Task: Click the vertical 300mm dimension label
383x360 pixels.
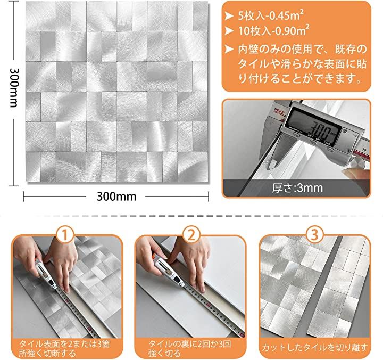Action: (14, 87)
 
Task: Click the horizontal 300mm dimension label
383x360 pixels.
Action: (116, 197)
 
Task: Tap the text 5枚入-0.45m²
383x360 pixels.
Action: (271, 15)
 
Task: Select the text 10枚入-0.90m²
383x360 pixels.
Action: (273, 31)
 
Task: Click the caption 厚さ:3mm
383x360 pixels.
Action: (297, 188)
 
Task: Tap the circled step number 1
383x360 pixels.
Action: (65, 235)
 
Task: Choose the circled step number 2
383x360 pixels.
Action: (191, 235)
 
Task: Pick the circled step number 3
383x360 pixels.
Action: (314, 235)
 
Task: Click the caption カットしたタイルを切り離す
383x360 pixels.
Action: (315, 347)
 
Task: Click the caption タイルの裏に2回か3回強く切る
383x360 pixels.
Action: (189, 348)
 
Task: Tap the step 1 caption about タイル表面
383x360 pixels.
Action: (64, 348)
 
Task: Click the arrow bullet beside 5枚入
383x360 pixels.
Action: (229, 16)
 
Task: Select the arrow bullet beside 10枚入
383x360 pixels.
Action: (229, 31)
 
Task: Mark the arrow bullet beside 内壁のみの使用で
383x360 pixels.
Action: (229, 50)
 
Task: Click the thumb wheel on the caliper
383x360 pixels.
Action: (359, 162)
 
